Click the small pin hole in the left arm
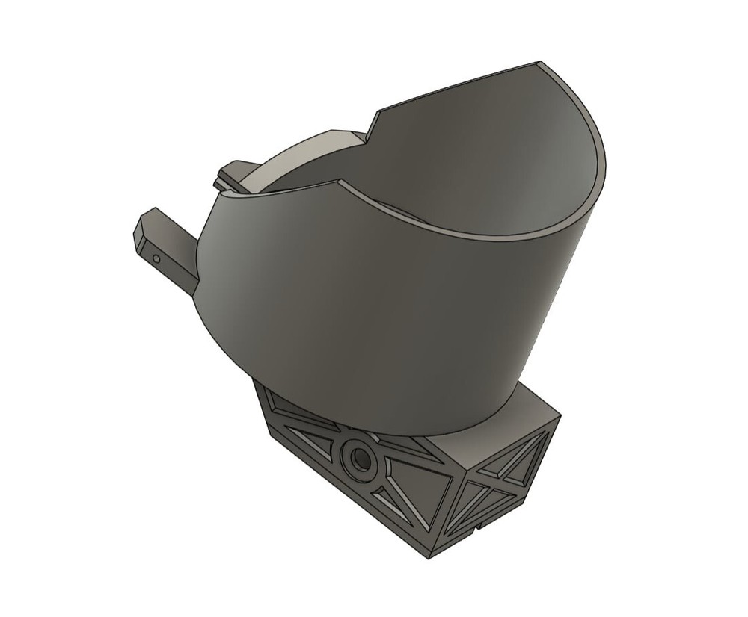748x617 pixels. pos(156,259)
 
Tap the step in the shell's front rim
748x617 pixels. pos(340,182)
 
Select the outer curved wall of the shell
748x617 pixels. pos(374,314)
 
